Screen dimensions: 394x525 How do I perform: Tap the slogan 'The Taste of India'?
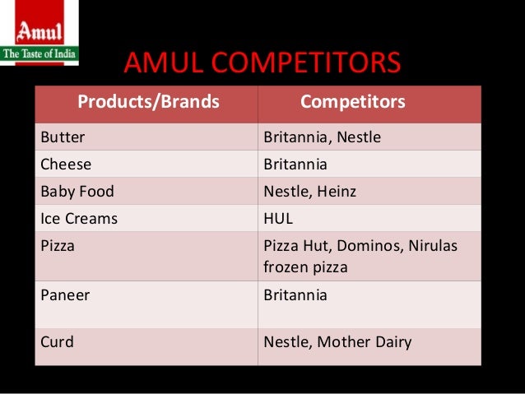(39, 54)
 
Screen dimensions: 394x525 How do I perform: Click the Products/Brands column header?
(148, 102)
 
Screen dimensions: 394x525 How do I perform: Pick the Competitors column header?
(352, 102)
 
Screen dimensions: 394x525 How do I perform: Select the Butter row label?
(63, 137)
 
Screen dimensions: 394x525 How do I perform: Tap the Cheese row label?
(66, 164)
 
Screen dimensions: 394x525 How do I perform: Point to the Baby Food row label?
(77, 192)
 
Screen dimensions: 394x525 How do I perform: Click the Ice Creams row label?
(79, 219)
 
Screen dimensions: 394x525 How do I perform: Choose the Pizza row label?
(58, 246)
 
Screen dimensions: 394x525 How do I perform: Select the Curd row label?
(57, 341)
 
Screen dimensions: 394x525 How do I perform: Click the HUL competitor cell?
(278, 219)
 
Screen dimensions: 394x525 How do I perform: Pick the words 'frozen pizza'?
(305, 267)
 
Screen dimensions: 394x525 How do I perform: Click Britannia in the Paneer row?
(295, 294)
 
